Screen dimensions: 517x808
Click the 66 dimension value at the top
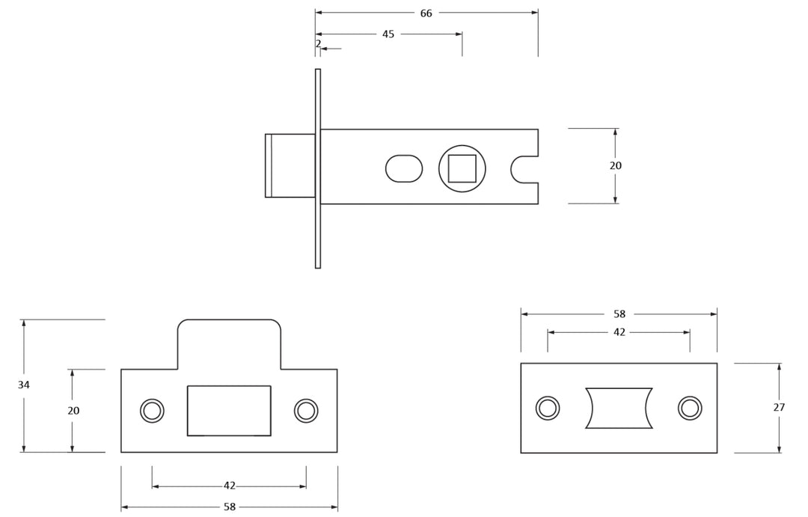[x=426, y=13]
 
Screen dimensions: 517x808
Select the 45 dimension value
[x=388, y=34]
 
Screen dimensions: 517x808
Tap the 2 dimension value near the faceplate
[x=318, y=44]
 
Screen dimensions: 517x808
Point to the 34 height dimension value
[x=24, y=385]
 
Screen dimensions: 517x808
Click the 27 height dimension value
[x=779, y=408]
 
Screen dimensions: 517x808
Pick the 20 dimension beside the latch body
[x=615, y=166]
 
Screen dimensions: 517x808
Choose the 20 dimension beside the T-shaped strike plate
[x=73, y=411]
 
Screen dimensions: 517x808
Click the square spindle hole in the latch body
[x=462, y=168]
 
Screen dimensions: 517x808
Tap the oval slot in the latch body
[x=404, y=168]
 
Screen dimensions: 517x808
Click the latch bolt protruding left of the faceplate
[x=290, y=165]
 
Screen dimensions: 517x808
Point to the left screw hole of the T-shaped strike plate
[x=152, y=411]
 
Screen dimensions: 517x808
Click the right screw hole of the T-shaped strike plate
[x=306, y=411]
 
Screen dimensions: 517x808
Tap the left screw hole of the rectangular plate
[x=548, y=408]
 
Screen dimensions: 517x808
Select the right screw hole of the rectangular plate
[x=690, y=408]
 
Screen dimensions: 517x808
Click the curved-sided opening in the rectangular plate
[x=619, y=408]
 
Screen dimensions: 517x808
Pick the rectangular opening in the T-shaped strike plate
[x=229, y=411]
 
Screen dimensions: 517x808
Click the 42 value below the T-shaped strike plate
[x=229, y=486]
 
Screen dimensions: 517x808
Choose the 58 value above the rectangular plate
[x=619, y=314]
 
